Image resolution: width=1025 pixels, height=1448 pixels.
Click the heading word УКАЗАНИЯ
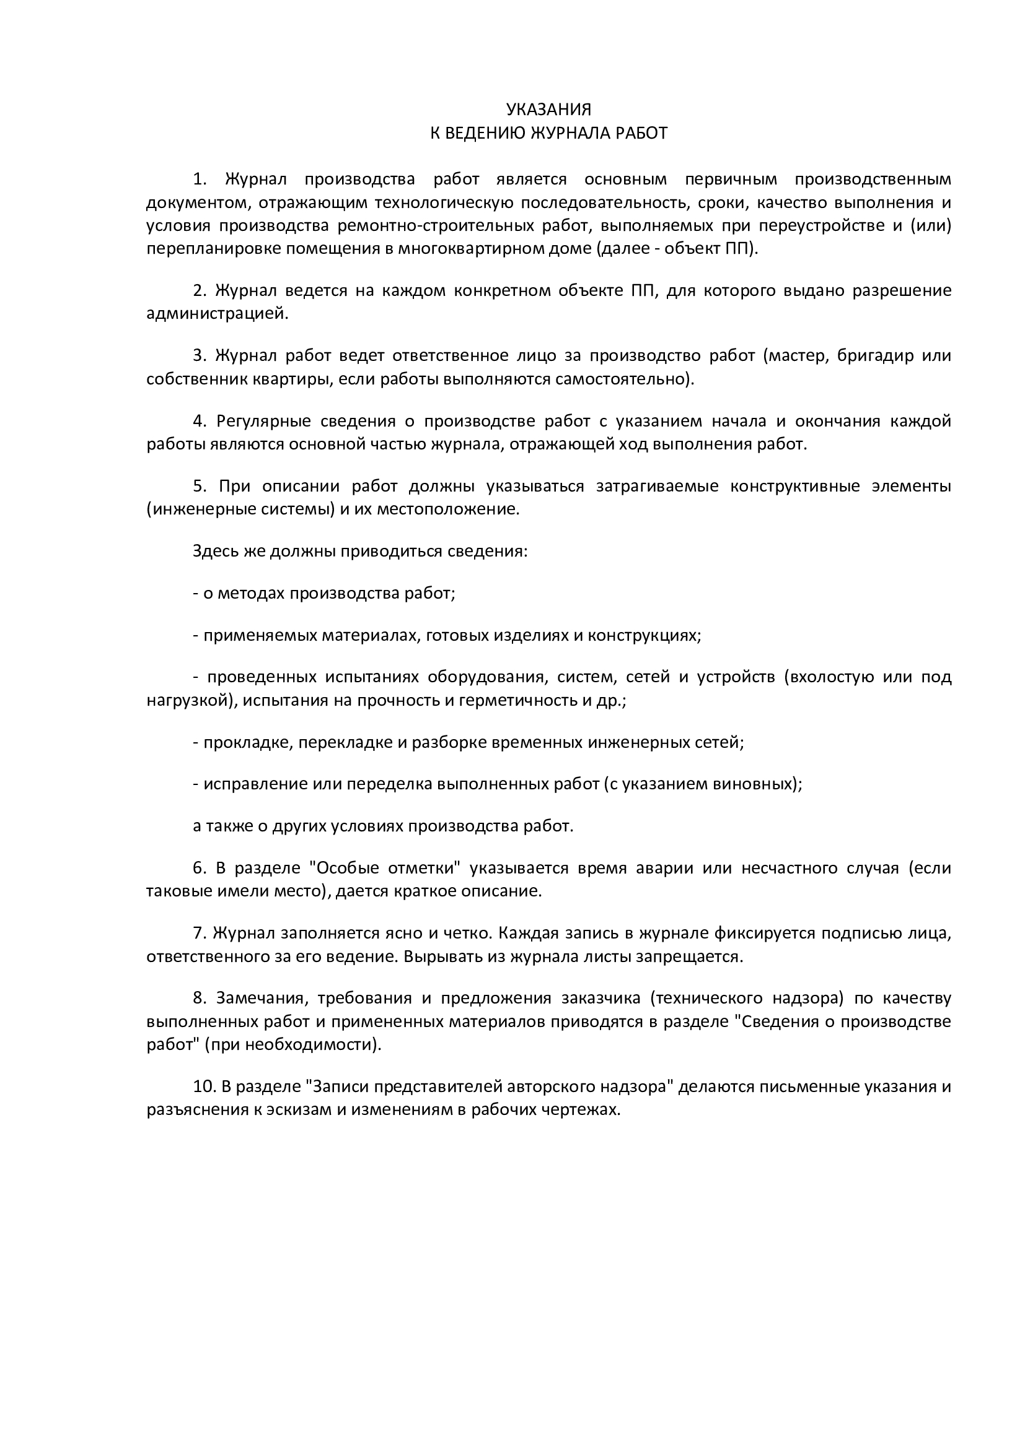point(548,110)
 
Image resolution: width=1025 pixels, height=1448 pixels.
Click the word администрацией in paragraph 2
point(216,313)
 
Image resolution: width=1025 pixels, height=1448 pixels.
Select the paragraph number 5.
point(200,485)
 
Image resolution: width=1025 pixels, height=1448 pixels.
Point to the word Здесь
point(216,551)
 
